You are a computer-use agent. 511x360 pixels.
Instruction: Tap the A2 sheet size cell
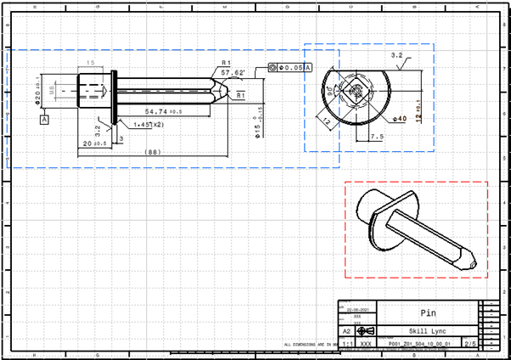coord(345,331)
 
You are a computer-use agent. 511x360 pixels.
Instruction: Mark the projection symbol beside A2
coord(362,331)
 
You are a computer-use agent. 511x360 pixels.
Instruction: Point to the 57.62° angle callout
coord(232,74)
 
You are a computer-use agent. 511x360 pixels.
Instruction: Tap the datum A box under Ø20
coord(44,121)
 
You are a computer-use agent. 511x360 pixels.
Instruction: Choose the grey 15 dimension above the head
coord(89,65)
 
